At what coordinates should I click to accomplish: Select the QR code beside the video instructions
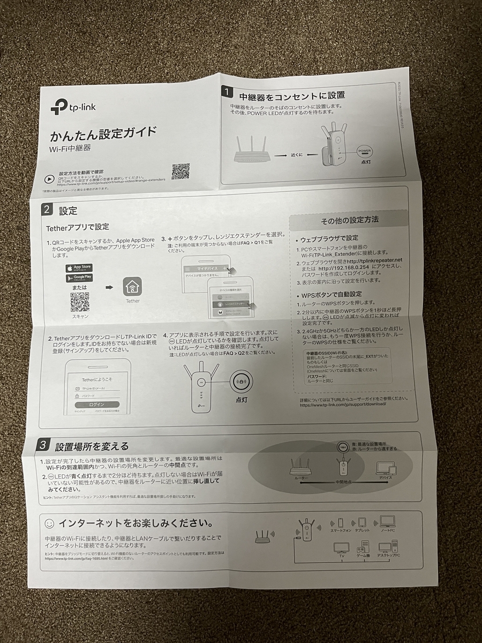(x=180, y=171)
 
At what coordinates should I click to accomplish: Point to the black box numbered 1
(x=228, y=92)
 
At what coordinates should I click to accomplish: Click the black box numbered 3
(x=44, y=444)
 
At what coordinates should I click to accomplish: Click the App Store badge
(x=79, y=267)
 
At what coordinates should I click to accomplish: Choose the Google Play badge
(x=79, y=278)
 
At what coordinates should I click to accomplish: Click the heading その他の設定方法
(x=350, y=220)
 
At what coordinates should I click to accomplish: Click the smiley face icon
(x=49, y=522)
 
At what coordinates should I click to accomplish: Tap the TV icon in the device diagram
(x=341, y=548)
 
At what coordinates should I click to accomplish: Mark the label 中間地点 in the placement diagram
(x=343, y=481)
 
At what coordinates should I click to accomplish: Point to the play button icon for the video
(x=49, y=179)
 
